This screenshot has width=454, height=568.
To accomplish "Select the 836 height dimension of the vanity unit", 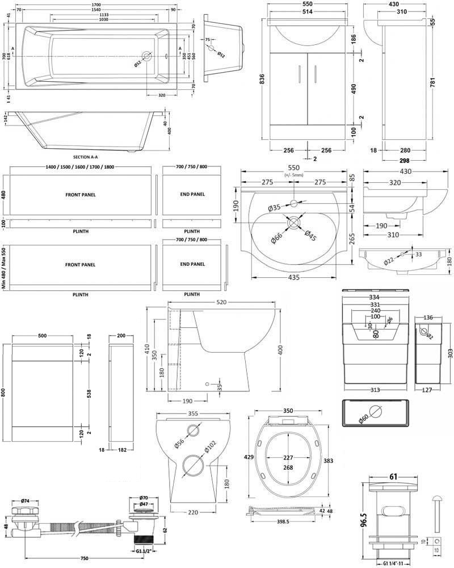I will [262, 81].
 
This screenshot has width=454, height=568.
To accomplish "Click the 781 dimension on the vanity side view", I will [448, 83].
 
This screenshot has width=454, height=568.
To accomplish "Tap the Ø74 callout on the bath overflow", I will [25, 501].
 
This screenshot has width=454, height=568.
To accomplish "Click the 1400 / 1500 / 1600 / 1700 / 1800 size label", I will [81, 166].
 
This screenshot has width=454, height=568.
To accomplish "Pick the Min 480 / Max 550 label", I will [4, 269].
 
